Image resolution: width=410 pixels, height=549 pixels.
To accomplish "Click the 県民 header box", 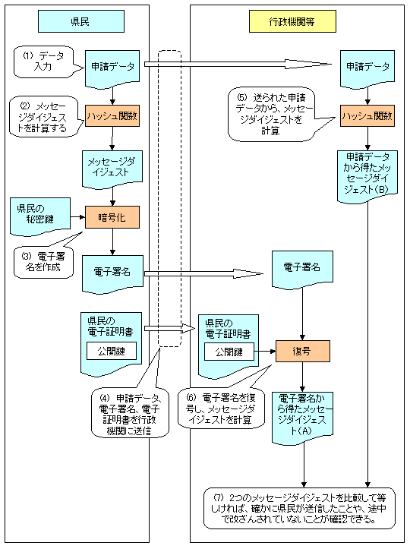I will pyautogui.click(x=81, y=21).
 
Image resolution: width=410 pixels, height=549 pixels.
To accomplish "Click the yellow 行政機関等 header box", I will pyautogui.click(x=292, y=21).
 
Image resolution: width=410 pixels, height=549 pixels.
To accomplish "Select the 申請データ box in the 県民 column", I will pyautogui.click(x=112, y=67).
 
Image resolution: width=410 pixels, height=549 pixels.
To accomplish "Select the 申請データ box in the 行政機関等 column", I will pyautogui.click(x=367, y=67).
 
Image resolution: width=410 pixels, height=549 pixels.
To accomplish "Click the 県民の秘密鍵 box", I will pyautogui.click(x=34, y=216).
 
